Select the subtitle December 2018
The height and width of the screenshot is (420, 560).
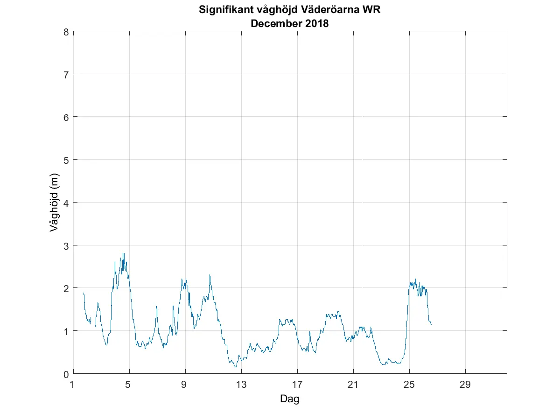pos(290,24)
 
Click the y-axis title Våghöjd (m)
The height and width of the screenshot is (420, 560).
pos(55,203)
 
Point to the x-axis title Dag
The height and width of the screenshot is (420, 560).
pos(289,399)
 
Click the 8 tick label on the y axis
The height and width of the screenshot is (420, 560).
pos(66,32)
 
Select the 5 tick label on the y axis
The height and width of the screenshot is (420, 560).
pos(66,160)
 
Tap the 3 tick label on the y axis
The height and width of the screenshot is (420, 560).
pos(66,245)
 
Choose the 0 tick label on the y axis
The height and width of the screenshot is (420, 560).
pos(66,374)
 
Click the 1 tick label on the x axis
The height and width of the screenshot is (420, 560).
pos(72,385)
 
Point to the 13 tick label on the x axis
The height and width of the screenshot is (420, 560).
pos(241,385)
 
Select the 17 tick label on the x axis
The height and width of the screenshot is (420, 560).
pos(297,385)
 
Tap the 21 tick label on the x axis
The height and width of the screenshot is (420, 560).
pos(353,385)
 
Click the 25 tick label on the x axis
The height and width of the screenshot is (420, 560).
pos(409,385)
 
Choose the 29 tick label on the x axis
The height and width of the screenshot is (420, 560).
pos(465,385)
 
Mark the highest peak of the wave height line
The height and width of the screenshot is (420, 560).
pos(123,253)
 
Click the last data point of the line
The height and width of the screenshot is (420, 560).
pos(431,324)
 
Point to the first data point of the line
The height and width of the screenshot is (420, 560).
pos(84,293)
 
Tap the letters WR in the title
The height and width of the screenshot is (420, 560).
pos(372,10)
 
